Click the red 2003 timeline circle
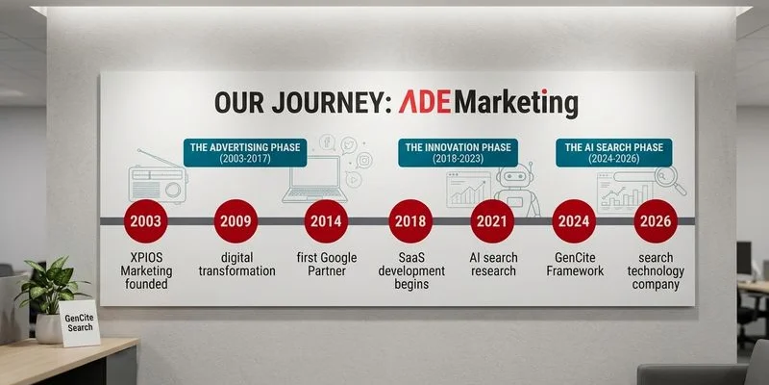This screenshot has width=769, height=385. click(x=151, y=220)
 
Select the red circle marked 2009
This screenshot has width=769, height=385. click(x=236, y=220)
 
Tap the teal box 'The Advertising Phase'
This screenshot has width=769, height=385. click(x=244, y=153)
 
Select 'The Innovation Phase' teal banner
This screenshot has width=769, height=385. click(x=459, y=153)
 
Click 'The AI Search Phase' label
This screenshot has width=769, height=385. click(x=614, y=153)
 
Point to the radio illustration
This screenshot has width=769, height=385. click(x=156, y=178)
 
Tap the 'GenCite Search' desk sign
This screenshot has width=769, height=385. click(x=80, y=321)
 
